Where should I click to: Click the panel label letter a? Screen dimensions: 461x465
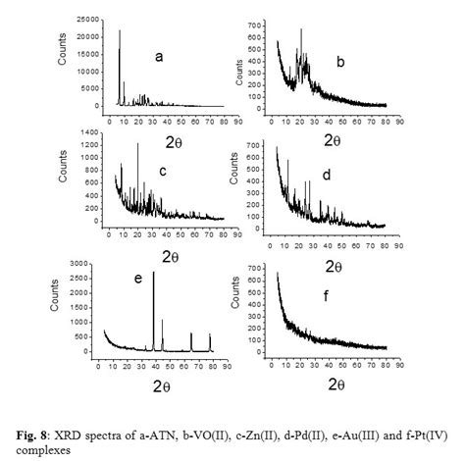(159, 57)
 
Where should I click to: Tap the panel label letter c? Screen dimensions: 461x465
(163, 173)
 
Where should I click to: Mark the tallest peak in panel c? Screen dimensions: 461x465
(137, 145)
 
